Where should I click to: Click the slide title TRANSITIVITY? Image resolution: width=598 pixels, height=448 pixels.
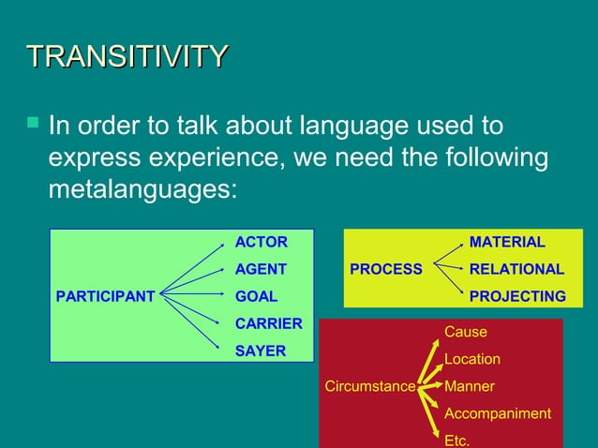[x=127, y=56]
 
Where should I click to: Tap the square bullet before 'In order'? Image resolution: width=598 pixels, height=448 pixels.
[x=33, y=122]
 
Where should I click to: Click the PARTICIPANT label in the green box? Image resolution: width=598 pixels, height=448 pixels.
[x=106, y=296]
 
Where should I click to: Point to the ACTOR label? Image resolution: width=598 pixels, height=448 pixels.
[x=261, y=242]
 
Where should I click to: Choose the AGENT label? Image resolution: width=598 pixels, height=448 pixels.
[x=261, y=269]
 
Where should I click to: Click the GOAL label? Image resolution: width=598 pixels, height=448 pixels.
[x=256, y=296]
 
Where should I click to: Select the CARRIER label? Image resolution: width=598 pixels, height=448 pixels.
[x=268, y=323]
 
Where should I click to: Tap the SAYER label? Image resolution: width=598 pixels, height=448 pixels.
[x=260, y=351]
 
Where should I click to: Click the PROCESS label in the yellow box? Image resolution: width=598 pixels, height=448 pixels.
[x=386, y=269]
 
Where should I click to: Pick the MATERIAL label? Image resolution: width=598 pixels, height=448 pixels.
[x=507, y=242]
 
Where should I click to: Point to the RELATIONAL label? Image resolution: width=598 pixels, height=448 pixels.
[x=516, y=269]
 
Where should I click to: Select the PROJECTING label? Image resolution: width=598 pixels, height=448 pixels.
[x=517, y=296]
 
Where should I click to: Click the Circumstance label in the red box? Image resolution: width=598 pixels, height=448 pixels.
[x=369, y=386]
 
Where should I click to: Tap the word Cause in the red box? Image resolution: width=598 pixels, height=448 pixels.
[x=465, y=332]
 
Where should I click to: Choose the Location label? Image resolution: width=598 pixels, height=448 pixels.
[x=471, y=359]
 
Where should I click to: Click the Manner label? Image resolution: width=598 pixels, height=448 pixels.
[x=469, y=386]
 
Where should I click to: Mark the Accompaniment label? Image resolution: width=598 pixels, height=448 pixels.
[x=497, y=413]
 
